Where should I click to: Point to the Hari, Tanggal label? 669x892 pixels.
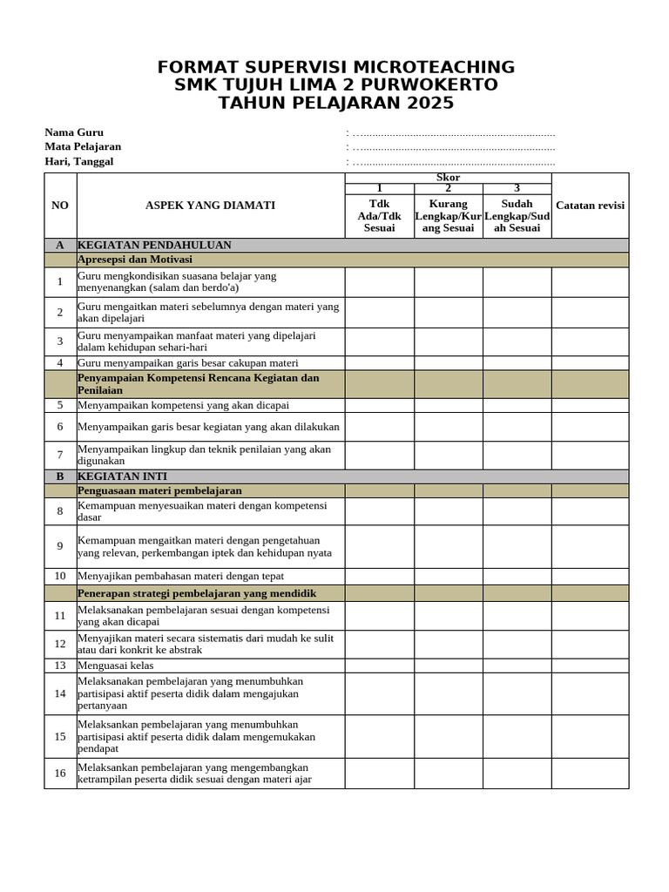[x=79, y=161]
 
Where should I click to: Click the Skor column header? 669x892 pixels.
[x=448, y=178]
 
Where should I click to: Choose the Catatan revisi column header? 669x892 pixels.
[x=590, y=206]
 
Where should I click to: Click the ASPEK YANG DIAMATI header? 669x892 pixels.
[x=210, y=206]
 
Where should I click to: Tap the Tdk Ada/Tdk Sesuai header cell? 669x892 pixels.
[x=379, y=215]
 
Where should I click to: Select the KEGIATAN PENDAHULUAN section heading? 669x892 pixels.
[x=154, y=245]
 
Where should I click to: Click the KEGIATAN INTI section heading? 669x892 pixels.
[x=122, y=476]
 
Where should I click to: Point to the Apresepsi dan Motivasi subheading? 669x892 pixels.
[x=135, y=260]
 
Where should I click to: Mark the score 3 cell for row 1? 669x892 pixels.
[x=517, y=282]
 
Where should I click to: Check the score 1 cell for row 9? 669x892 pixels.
[x=379, y=546]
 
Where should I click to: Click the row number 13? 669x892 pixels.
[x=60, y=666]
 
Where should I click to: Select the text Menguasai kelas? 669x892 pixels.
[x=115, y=666]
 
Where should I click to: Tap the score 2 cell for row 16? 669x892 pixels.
[x=448, y=774]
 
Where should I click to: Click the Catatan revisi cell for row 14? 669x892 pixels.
[x=590, y=694]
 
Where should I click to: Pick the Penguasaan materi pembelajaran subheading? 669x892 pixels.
[x=159, y=490]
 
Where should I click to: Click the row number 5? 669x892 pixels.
[x=60, y=405]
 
